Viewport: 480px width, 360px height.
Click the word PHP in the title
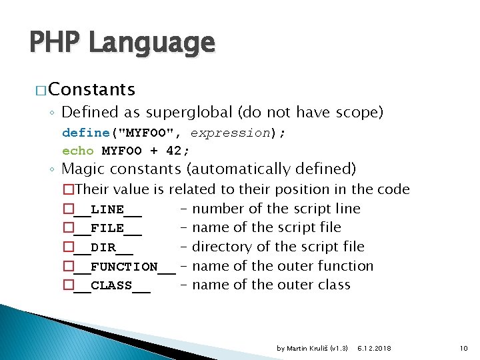(55, 43)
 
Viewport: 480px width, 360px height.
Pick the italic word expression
(229, 133)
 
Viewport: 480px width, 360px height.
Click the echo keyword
(78, 150)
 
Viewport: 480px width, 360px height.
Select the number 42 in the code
(175, 150)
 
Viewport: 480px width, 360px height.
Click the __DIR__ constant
(103, 247)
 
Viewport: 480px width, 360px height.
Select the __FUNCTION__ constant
(124, 267)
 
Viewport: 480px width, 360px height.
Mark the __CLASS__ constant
(111, 285)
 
